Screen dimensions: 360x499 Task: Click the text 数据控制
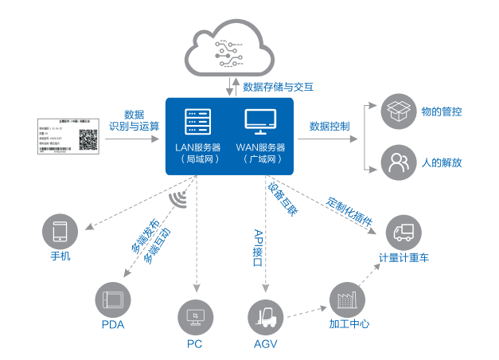pyautogui.click(x=329, y=126)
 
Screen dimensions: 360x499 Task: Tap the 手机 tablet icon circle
pyautogui.click(x=60, y=231)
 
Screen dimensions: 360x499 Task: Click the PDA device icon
pyautogui.click(x=112, y=299)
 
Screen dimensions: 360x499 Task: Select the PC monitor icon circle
pyautogui.click(x=195, y=317)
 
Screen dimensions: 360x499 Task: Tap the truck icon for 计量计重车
pyautogui.click(x=403, y=233)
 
